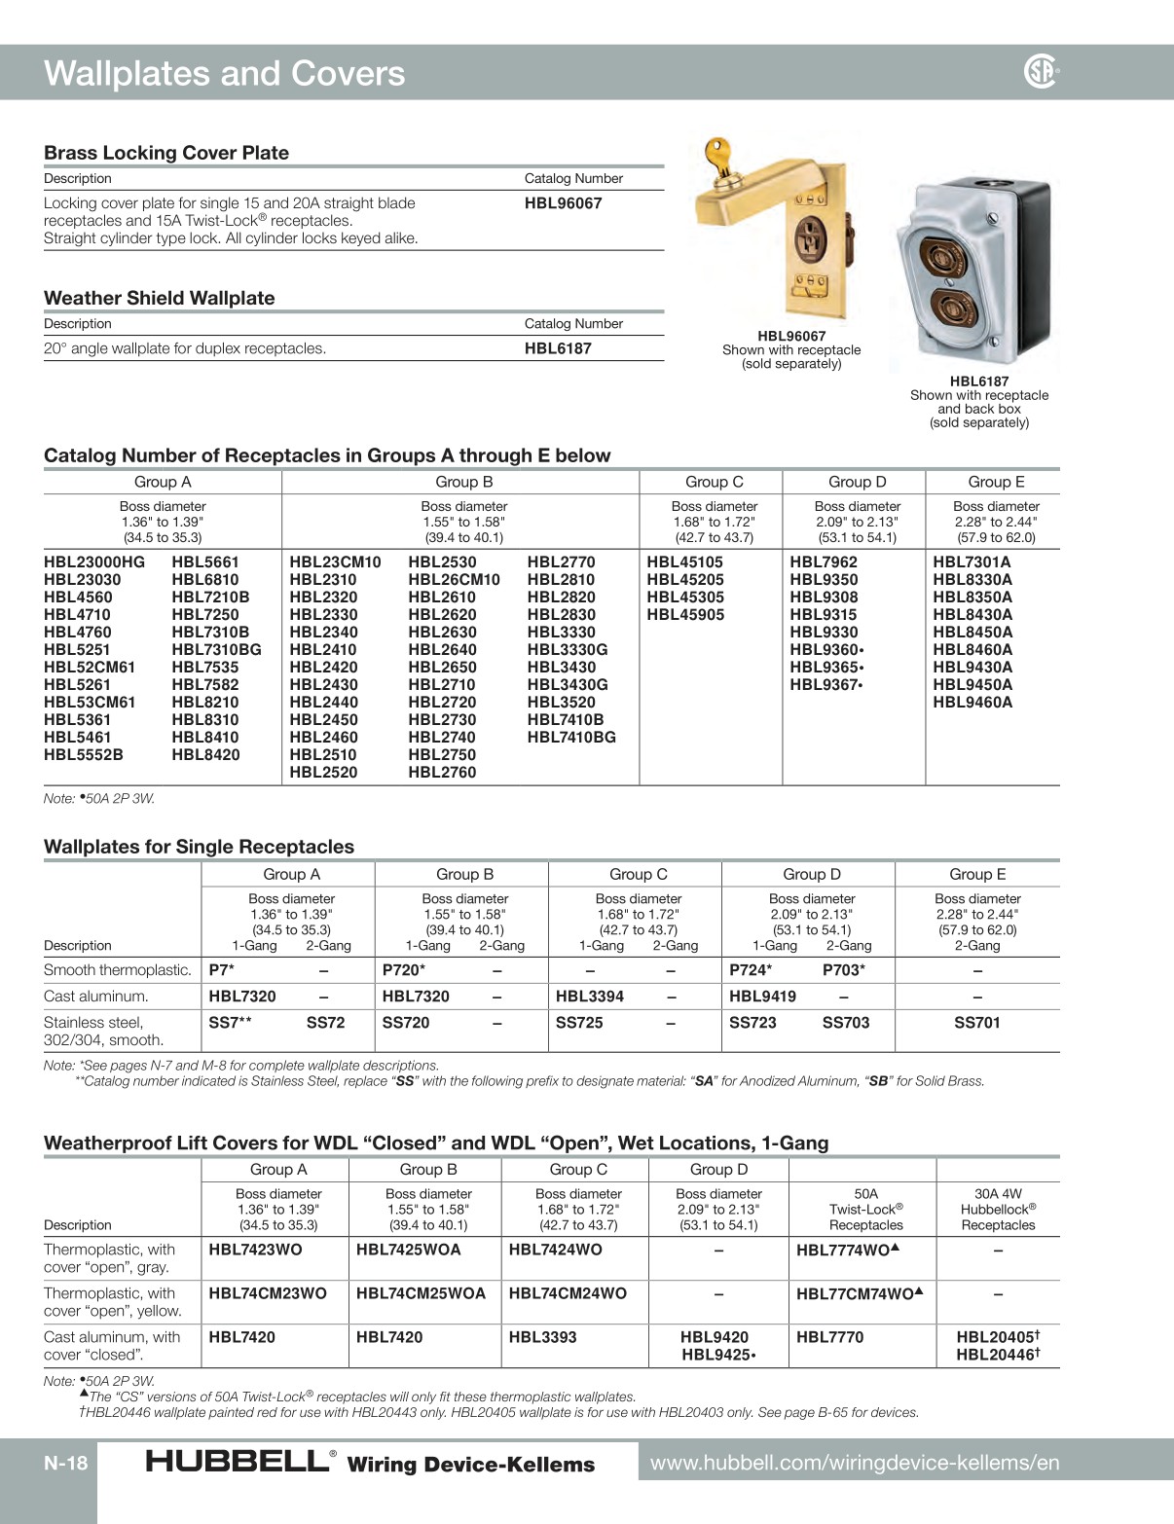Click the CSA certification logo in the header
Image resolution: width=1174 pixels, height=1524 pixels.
click(x=1040, y=71)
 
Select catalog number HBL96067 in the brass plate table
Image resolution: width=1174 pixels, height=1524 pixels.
click(x=563, y=203)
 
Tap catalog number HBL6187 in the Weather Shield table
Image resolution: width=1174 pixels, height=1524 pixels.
click(x=557, y=348)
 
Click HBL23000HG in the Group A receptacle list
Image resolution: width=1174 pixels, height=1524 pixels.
click(x=94, y=562)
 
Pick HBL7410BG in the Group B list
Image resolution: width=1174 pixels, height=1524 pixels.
click(x=570, y=737)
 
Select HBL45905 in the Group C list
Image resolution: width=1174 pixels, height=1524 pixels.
click(x=685, y=614)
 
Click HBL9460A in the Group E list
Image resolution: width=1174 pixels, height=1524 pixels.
click(x=972, y=702)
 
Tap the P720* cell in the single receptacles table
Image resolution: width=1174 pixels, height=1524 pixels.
click(x=403, y=970)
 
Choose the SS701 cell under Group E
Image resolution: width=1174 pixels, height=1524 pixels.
click(x=976, y=1023)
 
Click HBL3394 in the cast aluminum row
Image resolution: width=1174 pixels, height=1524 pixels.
click(x=589, y=997)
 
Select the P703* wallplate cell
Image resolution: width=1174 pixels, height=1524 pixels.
click(x=843, y=970)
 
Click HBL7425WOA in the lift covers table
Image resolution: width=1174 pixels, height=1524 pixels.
click(x=408, y=1250)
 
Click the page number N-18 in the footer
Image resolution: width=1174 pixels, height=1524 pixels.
click(x=65, y=1463)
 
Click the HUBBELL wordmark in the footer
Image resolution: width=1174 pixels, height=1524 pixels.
click(x=237, y=1461)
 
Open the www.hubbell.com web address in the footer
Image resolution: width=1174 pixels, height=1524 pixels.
click(x=854, y=1463)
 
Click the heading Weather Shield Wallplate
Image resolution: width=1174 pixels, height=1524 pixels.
click(x=159, y=298)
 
